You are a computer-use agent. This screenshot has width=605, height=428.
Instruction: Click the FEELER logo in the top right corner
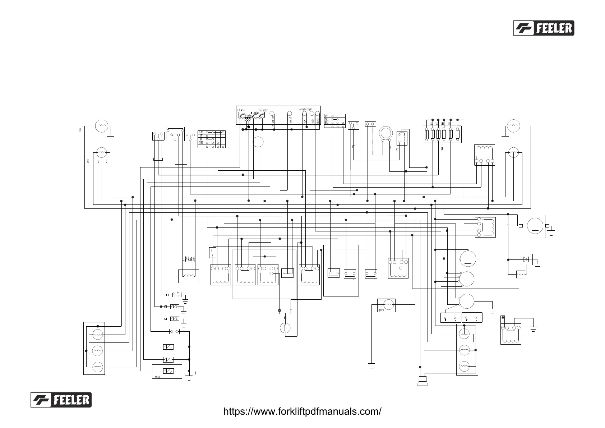pyautogui.click(x=544, y=28)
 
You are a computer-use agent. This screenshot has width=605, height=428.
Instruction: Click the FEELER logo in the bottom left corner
pyautogui.click(x=61, y=400)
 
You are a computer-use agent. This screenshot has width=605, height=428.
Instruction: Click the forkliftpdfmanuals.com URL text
pyautogui.click(x=302, y=411)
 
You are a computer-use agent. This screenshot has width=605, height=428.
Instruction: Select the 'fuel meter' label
pyautogui.click(x=263, y=110)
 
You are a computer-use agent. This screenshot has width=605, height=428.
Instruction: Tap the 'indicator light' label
pyautogui.click(x=305, y=109)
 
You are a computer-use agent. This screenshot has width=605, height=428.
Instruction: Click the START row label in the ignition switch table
pyautogui.click(x=201, y=143)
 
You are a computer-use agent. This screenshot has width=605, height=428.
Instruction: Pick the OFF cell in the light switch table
pyautogui.click(x=327, y=116)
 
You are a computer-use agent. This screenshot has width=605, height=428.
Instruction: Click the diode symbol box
pyautogui.click(x=527, y=259)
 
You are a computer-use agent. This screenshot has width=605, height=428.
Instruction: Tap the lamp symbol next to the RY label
pyautogui.click(x=102, y=126)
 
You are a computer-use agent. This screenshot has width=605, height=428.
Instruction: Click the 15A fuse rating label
pyautogui.click(x=437, y=124)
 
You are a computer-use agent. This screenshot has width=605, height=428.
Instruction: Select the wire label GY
pyautogui.click(x=397, y=149)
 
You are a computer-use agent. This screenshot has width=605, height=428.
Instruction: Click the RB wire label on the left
pyautogui.click(x=88, y=161)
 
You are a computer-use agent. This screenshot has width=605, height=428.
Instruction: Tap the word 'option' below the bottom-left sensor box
pyautogui.click(x=158, y=377)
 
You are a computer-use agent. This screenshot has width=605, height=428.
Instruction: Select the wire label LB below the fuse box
pyautogui.click(x=442, y=149)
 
